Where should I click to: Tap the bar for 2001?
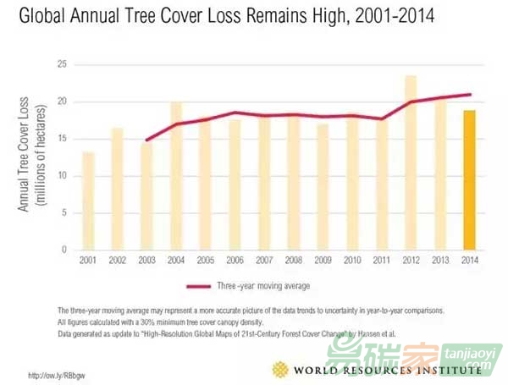click(x=89, y=201)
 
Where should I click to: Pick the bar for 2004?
click(x=176, y=175)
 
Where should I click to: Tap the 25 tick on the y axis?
click(x=62, y=64)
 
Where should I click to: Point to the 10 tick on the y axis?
click(x=62, y=176)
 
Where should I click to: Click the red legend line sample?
click(x=200, y=286)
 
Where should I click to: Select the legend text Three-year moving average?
click(x=264, y=286)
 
